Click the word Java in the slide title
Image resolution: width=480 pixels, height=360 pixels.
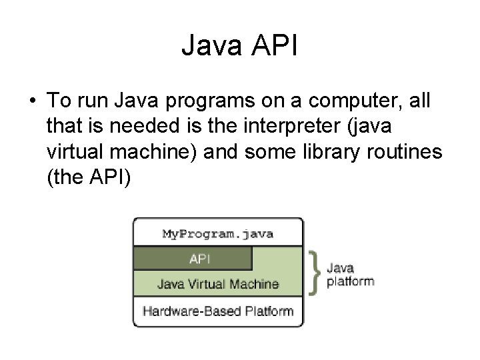pos(213,46)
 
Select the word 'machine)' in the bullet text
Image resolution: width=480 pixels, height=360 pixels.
pos(165,152)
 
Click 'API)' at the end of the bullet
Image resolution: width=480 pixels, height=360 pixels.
pos(113,177)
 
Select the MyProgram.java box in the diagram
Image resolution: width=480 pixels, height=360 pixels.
pos(218,234)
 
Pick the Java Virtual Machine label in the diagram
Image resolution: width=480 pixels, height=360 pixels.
pos(218,284)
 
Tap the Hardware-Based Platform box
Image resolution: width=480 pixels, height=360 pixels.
pos(218,310)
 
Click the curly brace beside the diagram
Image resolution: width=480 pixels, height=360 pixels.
pos(315,271)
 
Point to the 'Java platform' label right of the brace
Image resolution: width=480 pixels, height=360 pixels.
pos(350,274)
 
